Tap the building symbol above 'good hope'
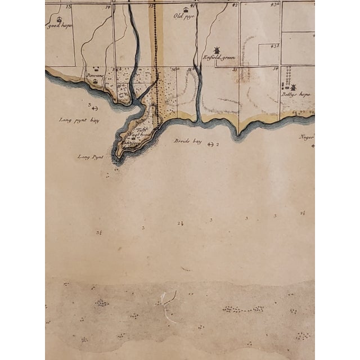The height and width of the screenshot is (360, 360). coord(58,19)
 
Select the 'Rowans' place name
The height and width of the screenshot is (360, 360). coord(93,75)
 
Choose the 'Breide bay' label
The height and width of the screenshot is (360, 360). coord(187,141)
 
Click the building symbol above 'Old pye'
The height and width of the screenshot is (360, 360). coord(185,9)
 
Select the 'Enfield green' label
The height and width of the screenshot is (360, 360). coord(219,58)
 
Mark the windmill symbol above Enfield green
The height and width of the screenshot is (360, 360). coord(217,50)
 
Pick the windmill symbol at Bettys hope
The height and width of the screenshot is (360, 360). coord(292,87)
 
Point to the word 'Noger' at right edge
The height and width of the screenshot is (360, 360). coord(307,137)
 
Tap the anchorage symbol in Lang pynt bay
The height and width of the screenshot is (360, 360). coord(94,108)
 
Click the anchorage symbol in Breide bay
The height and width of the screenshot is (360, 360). coord(210,145)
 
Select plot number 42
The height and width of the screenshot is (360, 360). coord(235,5)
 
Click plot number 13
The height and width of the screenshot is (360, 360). coord(69,6)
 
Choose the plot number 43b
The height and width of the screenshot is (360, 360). coord(274,46)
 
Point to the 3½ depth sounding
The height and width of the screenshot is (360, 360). coord(99,232)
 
